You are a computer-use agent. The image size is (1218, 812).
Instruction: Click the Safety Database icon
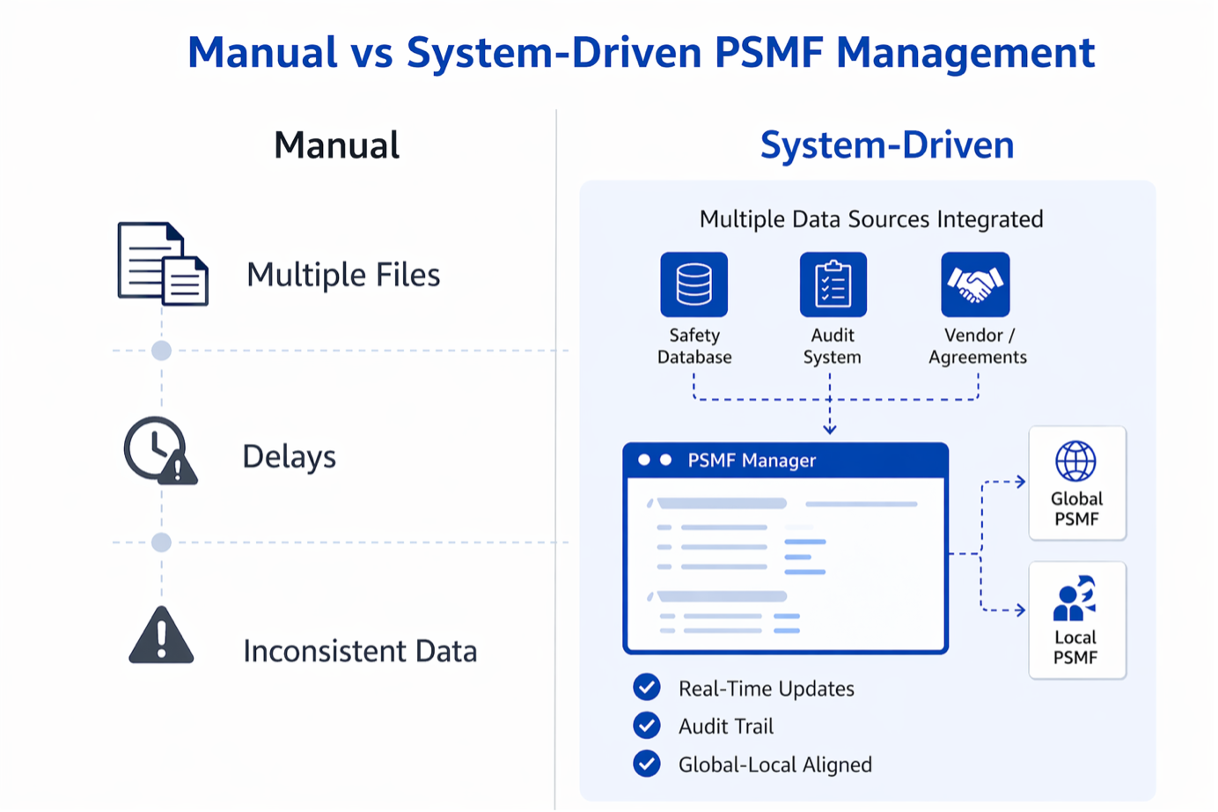coord(693,284)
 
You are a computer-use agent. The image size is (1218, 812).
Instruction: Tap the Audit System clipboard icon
coord(833,284)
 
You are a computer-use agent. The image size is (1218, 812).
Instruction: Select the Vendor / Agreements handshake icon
coord(975,284)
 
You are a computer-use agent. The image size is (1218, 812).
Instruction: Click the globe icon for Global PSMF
coord(1075,461)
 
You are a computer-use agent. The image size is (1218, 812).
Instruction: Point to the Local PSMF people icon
coord(1074,599)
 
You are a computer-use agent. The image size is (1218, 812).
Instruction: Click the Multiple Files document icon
coord(164,264)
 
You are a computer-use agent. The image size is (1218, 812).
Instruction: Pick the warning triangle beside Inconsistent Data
coord(161,636)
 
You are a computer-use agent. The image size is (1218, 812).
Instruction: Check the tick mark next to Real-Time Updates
coord(647,687)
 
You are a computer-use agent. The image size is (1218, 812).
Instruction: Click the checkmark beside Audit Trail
coord(647,726)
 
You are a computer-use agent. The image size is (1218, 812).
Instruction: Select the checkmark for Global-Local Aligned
coord(647,764)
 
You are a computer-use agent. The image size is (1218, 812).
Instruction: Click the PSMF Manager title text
coord(752,461)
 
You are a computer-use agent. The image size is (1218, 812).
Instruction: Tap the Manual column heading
coord(336,145)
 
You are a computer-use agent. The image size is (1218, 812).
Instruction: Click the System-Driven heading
coord(887,145)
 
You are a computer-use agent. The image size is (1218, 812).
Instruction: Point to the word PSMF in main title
coord(768,53)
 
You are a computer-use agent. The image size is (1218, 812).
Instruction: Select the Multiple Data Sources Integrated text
coord(871,219)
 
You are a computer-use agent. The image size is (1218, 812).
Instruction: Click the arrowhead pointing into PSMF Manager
coord(830,429)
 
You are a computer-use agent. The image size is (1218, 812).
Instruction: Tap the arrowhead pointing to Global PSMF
coord(1020,482)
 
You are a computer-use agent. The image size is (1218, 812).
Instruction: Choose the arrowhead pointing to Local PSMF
coord(1020,609)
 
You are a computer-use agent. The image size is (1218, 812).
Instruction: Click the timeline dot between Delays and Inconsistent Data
coord(161,543)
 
